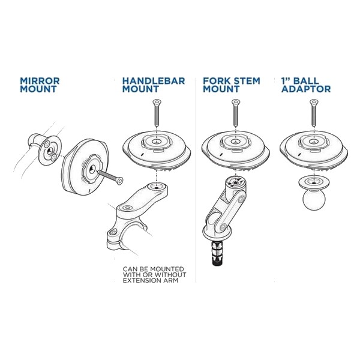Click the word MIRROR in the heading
[40, 81]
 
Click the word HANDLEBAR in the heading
[154, 81]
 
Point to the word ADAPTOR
[306, 89]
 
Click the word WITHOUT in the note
[170, 275]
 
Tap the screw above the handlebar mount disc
[157, 112]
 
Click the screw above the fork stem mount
[235, 112]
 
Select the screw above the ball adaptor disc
[314, 112]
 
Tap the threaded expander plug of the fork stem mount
[217, 253]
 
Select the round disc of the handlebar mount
[157, 151]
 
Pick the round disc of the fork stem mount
[236, 151]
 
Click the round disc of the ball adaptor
[314, 151]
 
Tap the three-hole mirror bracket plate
[49, 150]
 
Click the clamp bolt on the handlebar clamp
[113, 232]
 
